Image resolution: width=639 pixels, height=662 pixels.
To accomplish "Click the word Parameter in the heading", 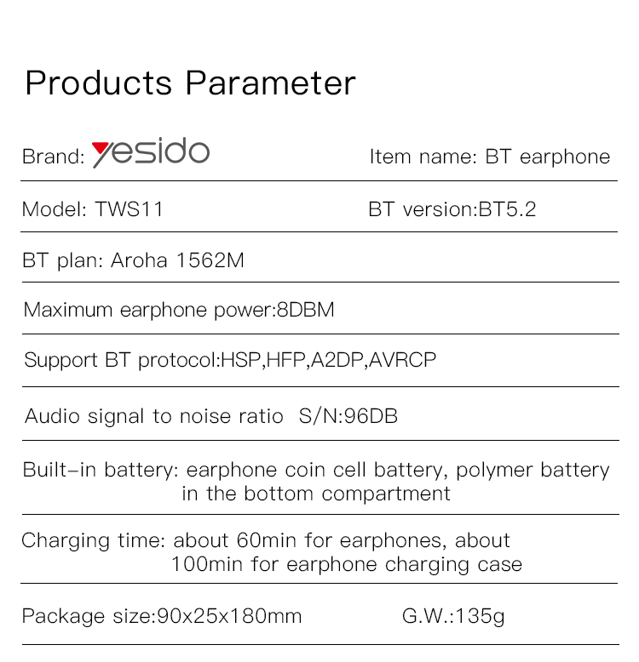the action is pos(270,83).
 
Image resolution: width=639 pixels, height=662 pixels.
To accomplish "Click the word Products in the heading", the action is pos(99,83).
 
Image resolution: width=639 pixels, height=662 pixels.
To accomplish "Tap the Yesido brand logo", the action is pos(151,152).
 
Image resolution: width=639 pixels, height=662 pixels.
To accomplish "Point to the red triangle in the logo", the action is pos(101,149).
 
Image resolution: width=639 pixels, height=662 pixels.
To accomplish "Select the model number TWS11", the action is pos(129,209).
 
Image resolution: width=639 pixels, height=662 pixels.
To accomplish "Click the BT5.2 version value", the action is pos(507,209).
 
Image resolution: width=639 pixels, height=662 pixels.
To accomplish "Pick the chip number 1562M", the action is pos(210,260).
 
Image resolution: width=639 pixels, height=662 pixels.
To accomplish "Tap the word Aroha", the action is pos(139,260).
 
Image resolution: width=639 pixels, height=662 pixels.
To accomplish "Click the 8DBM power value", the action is pos(305,310).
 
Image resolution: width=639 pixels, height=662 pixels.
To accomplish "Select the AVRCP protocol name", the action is pos(402,360).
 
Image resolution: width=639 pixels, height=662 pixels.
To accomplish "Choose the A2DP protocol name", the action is pos(337,360).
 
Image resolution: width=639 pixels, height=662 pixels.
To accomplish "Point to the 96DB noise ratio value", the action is pos(371,416).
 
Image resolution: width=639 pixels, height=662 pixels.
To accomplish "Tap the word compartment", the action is pos(386,494).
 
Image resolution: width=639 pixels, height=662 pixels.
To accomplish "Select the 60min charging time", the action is pos(266,540).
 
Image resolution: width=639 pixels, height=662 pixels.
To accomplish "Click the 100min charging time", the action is pos(207,564).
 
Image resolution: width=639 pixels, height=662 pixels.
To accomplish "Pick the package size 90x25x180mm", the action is pos(229,616).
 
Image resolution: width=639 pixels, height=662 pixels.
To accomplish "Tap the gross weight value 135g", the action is pos(480,617).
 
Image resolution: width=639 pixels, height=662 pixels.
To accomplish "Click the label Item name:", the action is pos(423,157).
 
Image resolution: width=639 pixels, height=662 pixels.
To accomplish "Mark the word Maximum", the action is pos(68,310).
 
